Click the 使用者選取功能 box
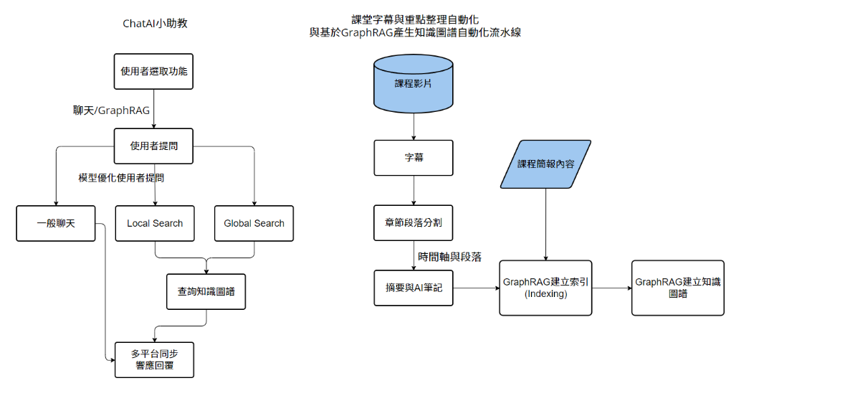154,72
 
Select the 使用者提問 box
154,146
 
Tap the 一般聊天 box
56,223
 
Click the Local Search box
155,223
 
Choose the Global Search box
254,223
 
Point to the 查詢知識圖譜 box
206,292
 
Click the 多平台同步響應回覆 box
154,360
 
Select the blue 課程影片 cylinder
414,83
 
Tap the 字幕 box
414,157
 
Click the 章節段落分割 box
414,222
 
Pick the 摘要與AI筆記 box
414,288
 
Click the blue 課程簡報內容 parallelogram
546,164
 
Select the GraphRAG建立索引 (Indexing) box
546,288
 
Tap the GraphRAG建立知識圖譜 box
677,288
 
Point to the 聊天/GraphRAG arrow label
112,110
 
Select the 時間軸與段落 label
449,256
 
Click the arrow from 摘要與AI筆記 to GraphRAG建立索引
476,288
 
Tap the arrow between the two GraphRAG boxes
611,288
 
